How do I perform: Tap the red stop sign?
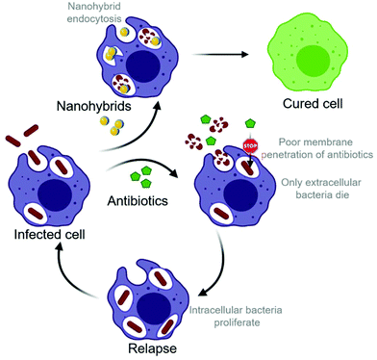point(252,147)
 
